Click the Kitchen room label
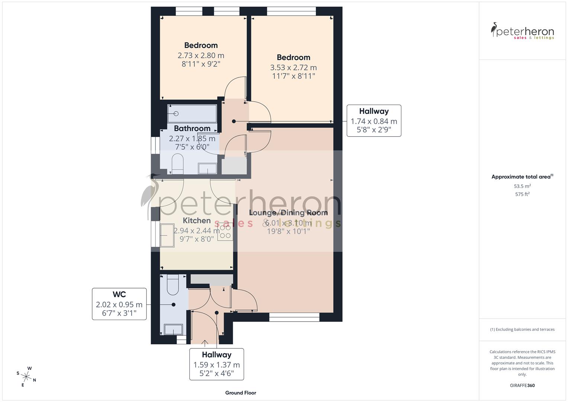pos(196,221)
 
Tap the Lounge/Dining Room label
pos(288,213)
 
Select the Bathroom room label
pos(192,128)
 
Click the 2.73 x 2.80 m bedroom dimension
pos(201,55)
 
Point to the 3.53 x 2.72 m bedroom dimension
pos(293,68)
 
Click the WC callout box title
pos(119,294)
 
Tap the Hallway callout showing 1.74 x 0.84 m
pos(374,121)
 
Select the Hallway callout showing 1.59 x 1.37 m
pos(216,364)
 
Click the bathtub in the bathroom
pos(192,114)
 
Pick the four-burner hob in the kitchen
pos(225,231)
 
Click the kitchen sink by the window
pos(167,235)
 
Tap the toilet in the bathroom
pos(177,164)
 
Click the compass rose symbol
pos(26,376)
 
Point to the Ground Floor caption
pos(241,393)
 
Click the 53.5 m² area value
pos(522,186)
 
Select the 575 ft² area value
pos(522,194)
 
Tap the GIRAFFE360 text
pos(522,385)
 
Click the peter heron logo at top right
pos(522,31)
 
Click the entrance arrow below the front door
pos(205,343)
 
